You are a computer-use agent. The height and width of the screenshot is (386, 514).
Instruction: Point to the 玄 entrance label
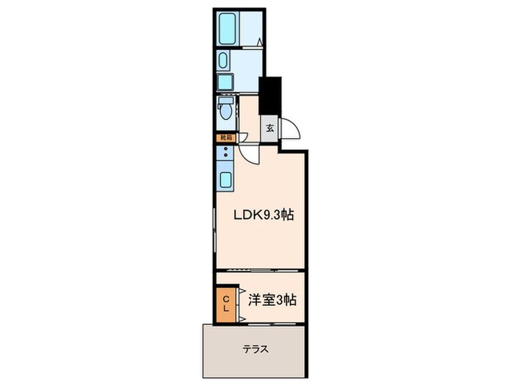[x=269, y=128]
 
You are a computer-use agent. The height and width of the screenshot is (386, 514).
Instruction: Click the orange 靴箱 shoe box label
[x=224, y=137]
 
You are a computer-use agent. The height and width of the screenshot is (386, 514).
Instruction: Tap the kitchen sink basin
[x=225, y=179]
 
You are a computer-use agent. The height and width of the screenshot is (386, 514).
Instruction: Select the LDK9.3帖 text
[x=264, y=215]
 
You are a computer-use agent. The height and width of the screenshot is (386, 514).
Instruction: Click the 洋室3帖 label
[x=271, y=300]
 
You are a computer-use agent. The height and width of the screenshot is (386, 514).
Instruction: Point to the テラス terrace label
[x=254, y=349]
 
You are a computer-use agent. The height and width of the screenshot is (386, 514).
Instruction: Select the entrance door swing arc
[x=292, y=129]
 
